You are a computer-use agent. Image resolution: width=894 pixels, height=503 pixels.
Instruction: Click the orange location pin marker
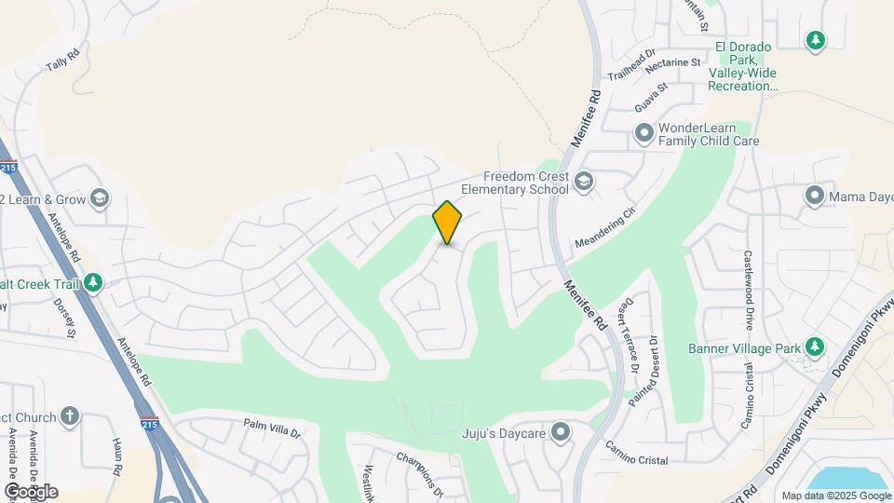pos(447,223)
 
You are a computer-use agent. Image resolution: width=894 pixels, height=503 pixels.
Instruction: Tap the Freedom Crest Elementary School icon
pos(584,181)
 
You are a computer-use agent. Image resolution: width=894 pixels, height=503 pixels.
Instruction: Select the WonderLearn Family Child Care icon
pos(643,134)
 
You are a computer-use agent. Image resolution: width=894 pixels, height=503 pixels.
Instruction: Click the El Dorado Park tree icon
pos(815,40)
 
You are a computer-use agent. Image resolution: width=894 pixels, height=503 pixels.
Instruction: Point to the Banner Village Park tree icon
pos(815,347)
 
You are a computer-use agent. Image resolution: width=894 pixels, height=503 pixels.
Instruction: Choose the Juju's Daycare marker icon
pos(560,432)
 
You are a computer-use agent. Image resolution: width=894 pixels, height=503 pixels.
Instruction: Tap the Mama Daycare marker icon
pos(815,196)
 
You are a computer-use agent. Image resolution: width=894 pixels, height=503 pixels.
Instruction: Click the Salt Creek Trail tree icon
pos(92,282)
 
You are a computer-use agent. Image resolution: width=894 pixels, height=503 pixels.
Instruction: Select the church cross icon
pos(70,415)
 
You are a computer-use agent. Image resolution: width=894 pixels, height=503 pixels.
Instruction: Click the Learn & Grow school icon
pos(100,198)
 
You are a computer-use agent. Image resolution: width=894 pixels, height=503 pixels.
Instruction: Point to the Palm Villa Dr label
pos(272,428)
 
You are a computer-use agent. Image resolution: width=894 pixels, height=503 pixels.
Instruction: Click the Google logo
pos(31,491)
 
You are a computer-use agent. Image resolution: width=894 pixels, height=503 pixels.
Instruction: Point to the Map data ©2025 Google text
pos(835,496)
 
